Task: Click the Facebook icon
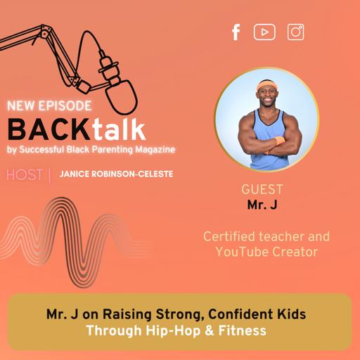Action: click(236, 32)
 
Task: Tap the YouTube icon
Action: click(264, 32)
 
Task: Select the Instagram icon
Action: click(295, 32)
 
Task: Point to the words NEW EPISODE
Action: click(49, 107)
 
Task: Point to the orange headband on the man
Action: click(266, 85)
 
